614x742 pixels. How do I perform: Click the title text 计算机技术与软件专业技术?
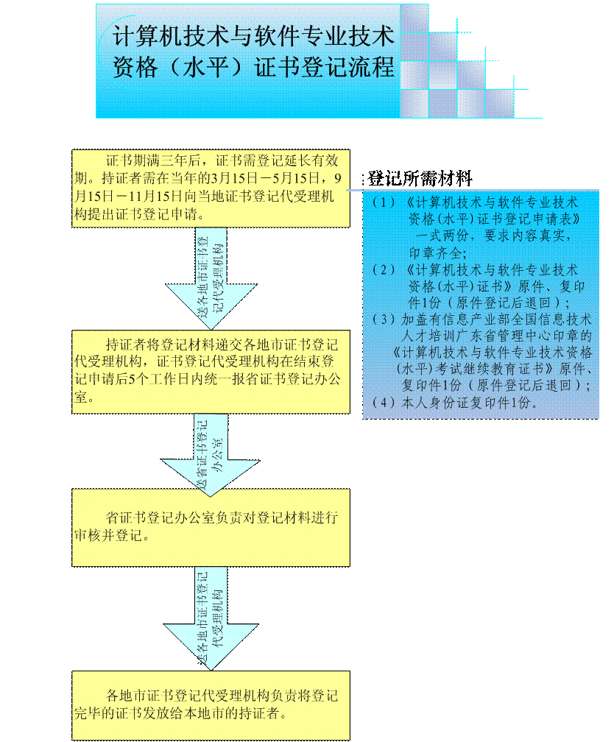(253, 36)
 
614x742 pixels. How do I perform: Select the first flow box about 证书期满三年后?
(211, 187)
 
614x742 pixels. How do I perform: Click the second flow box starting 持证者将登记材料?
(211, 371)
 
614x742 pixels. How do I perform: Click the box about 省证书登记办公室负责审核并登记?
(211, 526)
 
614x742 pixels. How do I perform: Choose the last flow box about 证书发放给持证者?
(211, 704)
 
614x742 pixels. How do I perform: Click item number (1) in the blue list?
(384, 202)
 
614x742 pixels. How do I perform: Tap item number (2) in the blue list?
(384, 270)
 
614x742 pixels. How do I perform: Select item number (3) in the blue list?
(384, 320)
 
